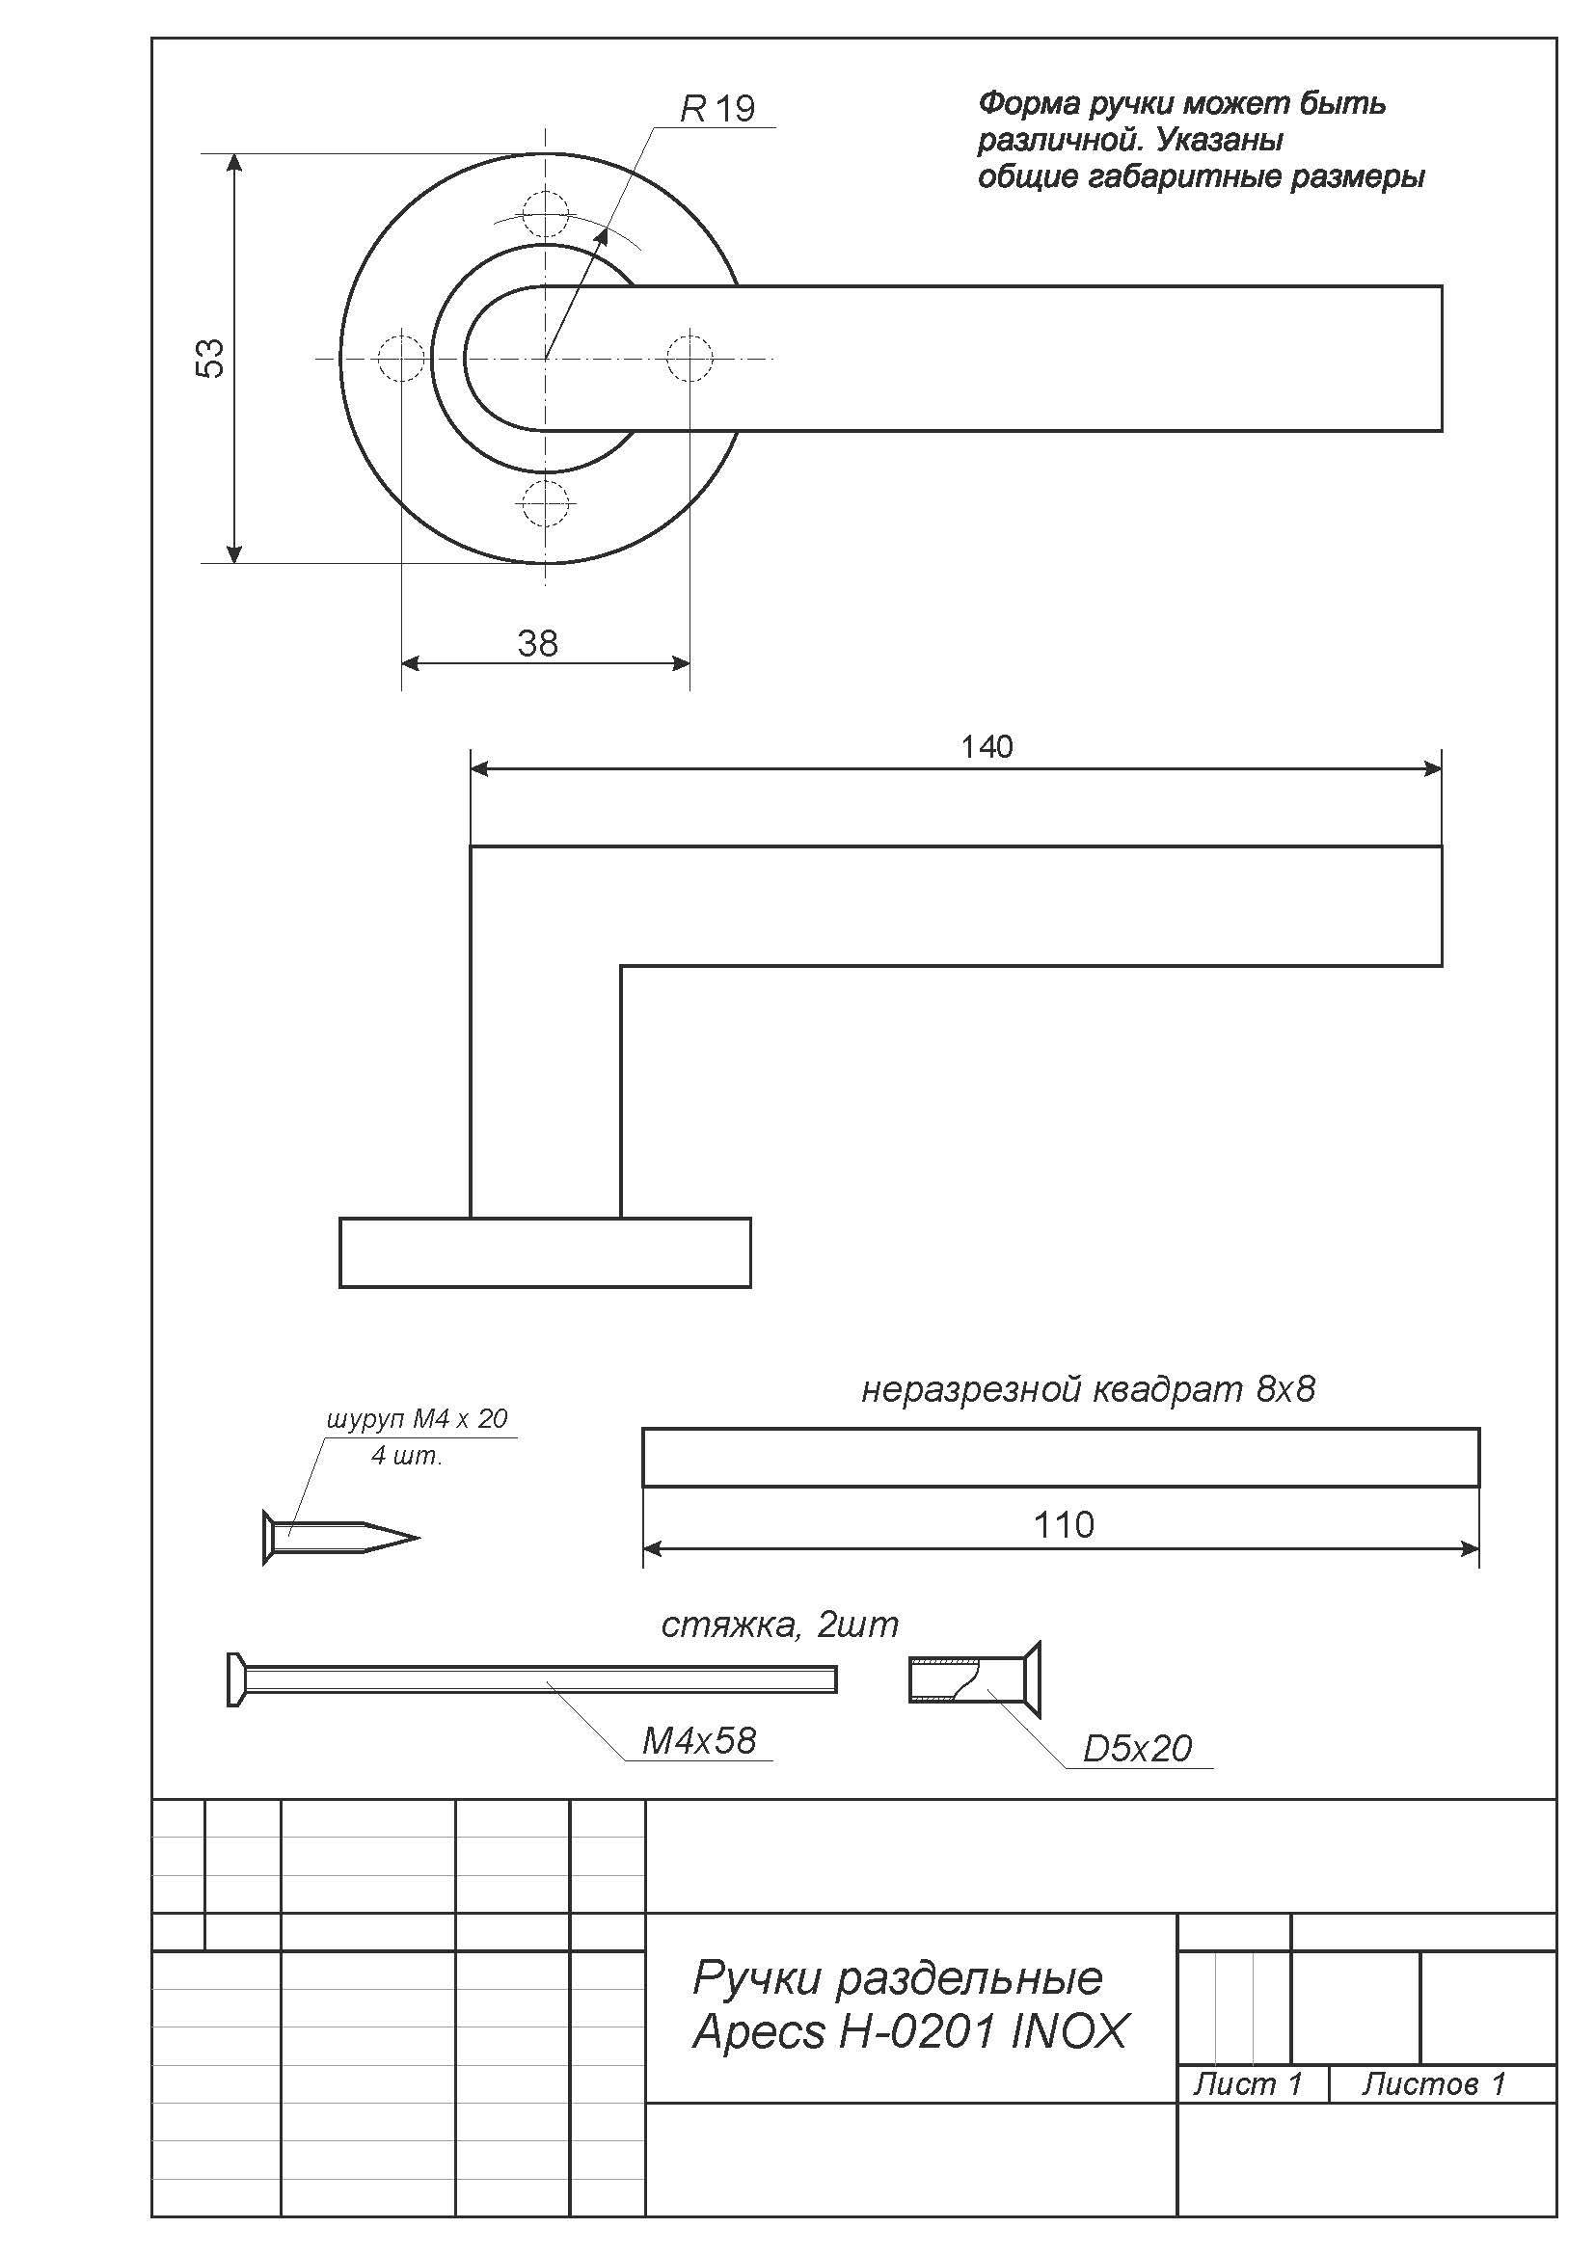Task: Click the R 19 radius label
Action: click(x=718, y=108)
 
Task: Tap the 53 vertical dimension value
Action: click(x=211, y=358)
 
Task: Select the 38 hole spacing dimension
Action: click(x=537, y=643)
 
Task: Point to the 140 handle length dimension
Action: click(x=987, y=747)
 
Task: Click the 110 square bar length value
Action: click(x=1063, y=1524)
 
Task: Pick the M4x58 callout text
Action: click(x=698, y=1740)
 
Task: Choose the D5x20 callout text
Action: click(x=1136, y=1748)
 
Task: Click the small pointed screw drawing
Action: click(x=340, y=1537)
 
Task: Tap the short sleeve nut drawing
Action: click(x=974, y=1678)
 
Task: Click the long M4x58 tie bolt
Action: click(x=531, y=1678)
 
